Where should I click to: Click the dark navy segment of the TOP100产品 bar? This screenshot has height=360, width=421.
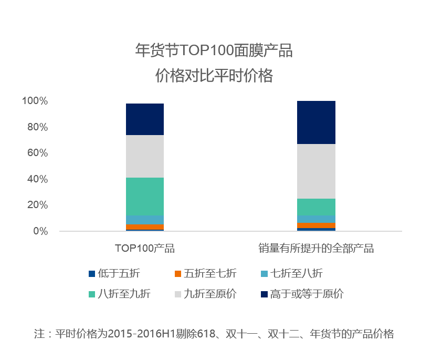[x=145, y=119]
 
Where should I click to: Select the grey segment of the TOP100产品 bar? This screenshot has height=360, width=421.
[x=145, y=156]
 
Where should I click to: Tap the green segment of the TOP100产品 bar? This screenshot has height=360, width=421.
[x=145, y=196]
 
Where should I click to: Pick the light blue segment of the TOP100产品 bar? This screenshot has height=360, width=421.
[x=145, y=220]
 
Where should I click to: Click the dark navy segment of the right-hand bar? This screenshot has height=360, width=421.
[x=316, y=122]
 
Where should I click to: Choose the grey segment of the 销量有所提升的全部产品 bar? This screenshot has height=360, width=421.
[x=316, y=171]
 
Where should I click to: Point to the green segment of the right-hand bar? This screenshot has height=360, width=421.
[x=316, y=207]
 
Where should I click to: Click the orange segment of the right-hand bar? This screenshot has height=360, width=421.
[x=316, y=225]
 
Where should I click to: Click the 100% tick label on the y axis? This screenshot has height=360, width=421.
[x=35, y=101]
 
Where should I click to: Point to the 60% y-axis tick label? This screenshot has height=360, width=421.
[x=37, y=153]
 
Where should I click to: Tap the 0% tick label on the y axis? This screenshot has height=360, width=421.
[x=40, y=231]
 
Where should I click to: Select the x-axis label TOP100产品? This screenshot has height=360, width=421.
[x=145, y=249]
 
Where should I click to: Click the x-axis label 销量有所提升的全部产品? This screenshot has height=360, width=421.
[x=316, y=249]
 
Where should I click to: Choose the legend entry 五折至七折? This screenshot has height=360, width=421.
[x=213, y=273]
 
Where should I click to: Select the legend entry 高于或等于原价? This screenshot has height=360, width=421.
[x=307, y=294]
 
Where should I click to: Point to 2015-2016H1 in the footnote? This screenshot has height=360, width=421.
[x=140, y=334]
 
